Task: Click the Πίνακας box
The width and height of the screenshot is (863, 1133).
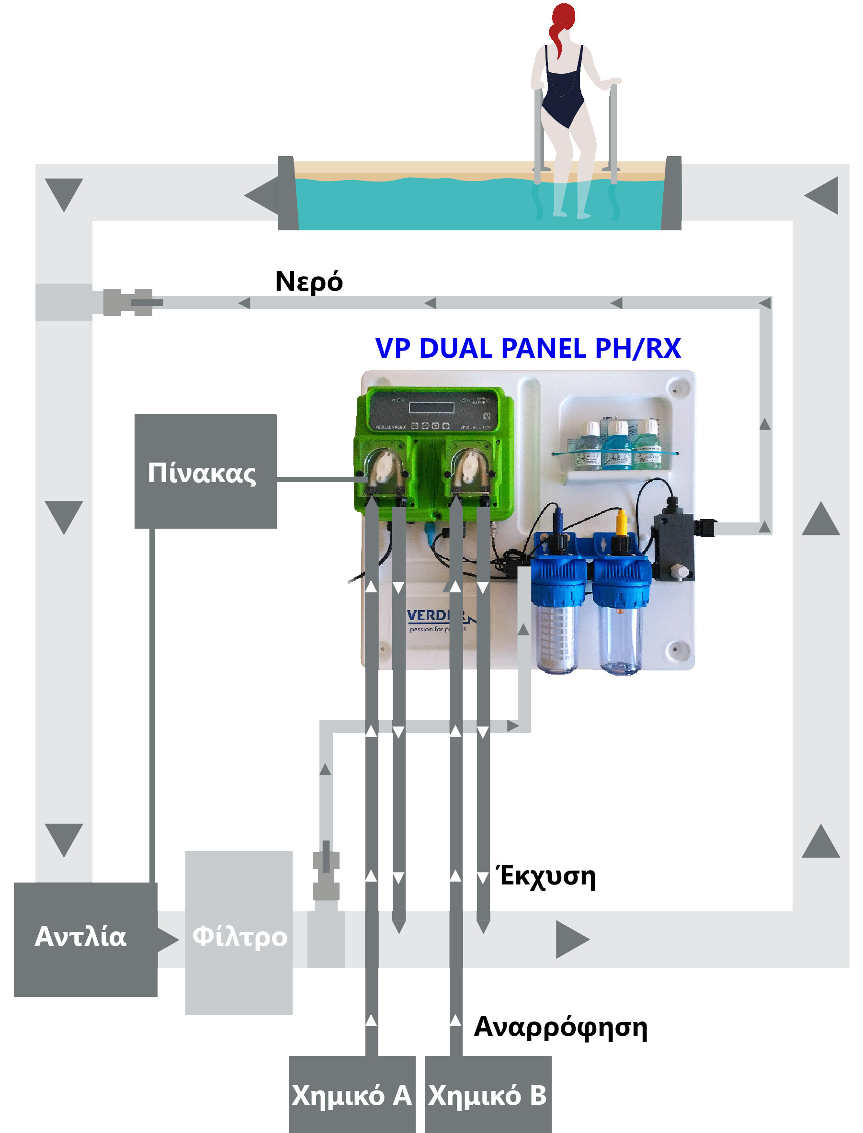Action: tap(205, 471)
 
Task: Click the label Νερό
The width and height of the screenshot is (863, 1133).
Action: tap(309, 282)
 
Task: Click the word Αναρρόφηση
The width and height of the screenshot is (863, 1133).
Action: tap(560, 1028)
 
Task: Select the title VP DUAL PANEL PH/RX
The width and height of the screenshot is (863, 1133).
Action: tap(528, 348)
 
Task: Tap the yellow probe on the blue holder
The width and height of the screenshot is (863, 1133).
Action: tap(621, 524)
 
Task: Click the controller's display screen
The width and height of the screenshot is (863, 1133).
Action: tap(431, 408)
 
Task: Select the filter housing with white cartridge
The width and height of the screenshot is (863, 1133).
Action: tap(558, 616)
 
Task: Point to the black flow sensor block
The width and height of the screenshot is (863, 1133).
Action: tap(673, 544)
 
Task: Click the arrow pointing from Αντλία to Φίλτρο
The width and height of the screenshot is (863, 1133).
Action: tap(168, 940)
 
